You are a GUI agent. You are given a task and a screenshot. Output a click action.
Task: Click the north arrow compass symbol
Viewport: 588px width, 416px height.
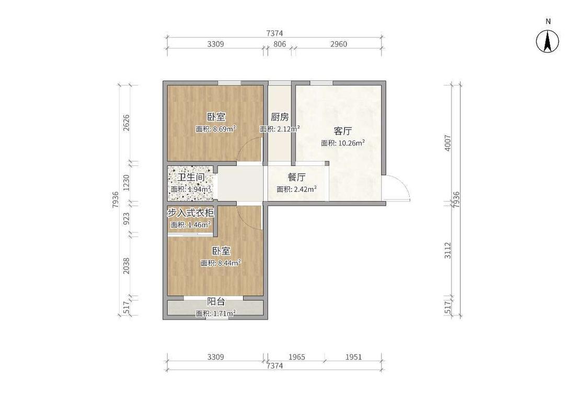click(548, 40)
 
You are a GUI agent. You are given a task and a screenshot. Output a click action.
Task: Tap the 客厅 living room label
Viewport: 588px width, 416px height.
click(343, 132)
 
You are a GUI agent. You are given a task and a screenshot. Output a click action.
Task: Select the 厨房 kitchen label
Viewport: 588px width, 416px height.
click(280, 117)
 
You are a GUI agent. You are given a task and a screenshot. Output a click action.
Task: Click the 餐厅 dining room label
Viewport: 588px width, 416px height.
click(297, 177)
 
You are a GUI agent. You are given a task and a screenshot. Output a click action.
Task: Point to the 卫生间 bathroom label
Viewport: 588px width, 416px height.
click(191, 177)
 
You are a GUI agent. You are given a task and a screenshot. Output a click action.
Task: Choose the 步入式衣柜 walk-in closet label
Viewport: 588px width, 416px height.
click(190, 213)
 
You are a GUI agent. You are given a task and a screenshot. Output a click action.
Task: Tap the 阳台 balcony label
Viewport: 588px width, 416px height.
click(216, 301)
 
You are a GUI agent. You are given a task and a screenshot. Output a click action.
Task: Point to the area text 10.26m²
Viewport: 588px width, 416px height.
click(352, 142)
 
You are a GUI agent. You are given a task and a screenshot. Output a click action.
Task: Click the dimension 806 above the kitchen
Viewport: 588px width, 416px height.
click(280, 44)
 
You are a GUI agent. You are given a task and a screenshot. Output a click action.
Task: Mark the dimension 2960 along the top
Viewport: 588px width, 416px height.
click(339, 44)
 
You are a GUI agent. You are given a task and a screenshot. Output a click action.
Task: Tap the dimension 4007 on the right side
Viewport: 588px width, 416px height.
click(448, 142)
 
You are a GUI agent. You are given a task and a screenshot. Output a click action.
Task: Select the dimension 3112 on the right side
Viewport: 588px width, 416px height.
click(448, 250)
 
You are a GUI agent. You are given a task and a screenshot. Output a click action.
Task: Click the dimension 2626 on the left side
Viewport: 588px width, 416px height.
click(126, 123)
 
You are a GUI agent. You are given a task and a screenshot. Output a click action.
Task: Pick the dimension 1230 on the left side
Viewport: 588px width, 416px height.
click(126, 183)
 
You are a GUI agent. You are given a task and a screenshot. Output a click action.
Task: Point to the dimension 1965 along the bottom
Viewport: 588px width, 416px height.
click(297, 357)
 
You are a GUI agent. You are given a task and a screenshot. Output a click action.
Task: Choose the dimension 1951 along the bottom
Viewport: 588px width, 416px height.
click(354, 357)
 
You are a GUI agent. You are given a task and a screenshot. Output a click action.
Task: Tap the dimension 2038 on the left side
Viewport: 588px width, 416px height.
click(126, 266)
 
